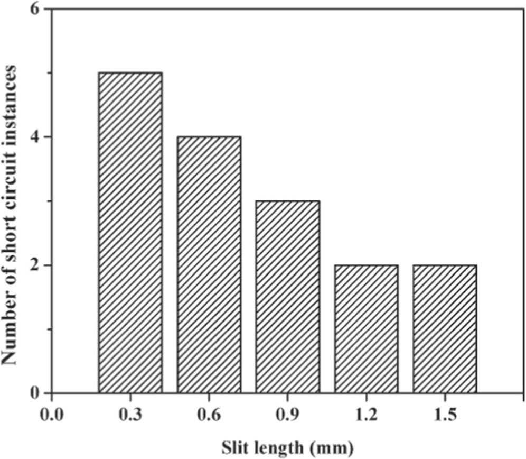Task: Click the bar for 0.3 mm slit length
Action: point(130,233)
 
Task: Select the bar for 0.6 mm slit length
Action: point(209,264)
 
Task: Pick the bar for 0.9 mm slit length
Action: point(288,297)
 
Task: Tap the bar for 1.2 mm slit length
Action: point(367,328)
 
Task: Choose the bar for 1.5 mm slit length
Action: point(445,328)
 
